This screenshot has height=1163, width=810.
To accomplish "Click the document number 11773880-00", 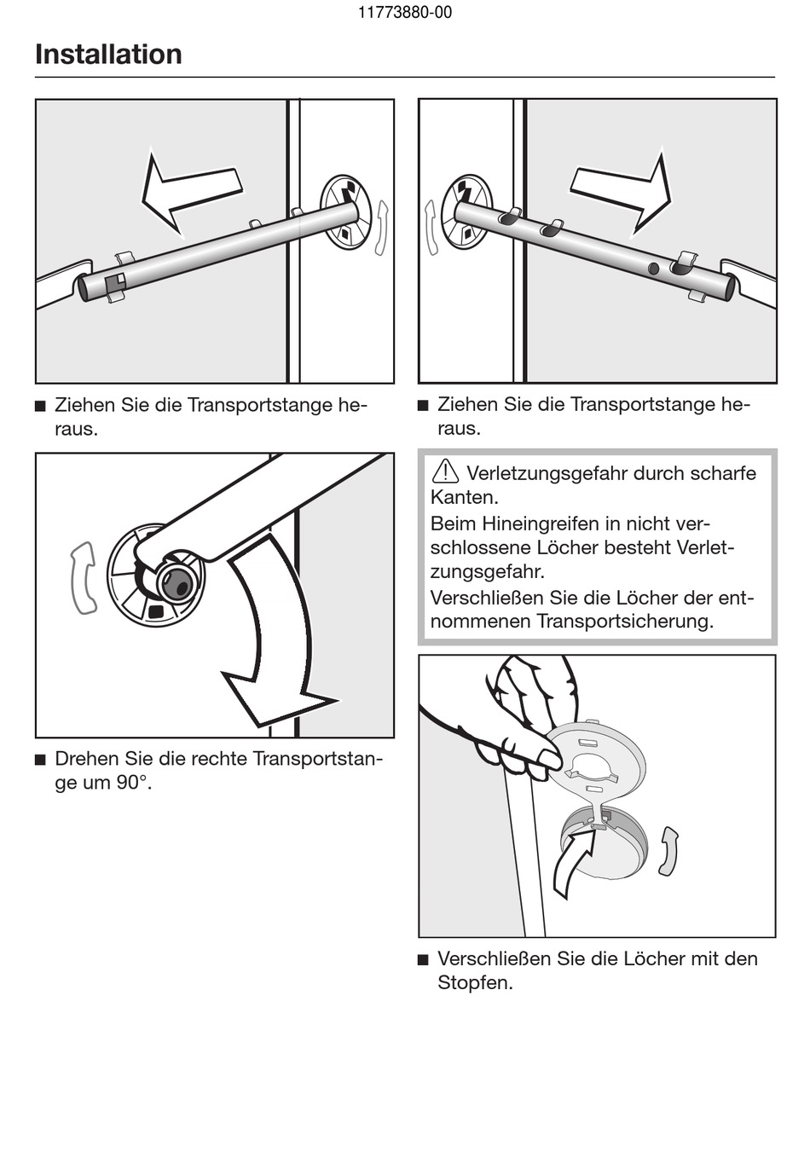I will (405, 13).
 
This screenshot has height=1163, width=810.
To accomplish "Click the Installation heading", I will (108, 55).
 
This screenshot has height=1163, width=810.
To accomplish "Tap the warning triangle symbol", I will (445, 471).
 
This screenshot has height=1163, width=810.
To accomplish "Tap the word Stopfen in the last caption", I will (475, 982).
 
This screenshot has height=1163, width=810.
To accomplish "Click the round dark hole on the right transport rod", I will (654, 269).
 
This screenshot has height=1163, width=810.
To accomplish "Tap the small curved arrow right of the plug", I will (668, 851).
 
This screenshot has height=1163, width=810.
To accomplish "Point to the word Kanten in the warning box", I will (463, 497).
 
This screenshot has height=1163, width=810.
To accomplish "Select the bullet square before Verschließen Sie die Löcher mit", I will (423, 959).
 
